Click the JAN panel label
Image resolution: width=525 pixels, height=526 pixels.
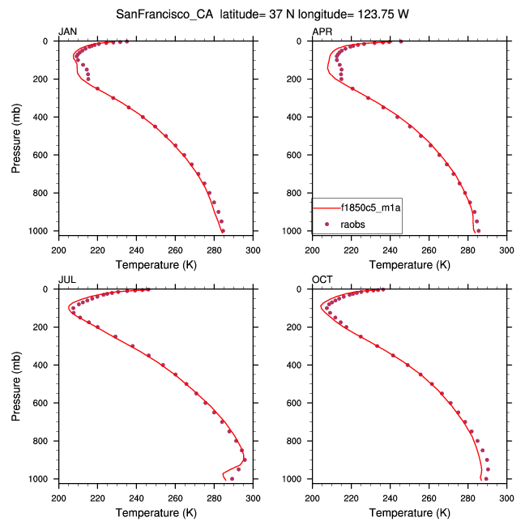tap(67, 32)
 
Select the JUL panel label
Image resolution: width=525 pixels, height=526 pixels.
tap(66, 280)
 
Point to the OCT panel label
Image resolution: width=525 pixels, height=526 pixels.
tap(322, 280)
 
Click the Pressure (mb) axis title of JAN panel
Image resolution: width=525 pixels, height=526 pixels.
tap(17, 135)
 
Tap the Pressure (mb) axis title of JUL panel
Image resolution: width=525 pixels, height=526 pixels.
tap(17, 384)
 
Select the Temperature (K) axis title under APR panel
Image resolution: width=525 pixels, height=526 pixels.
tap(409, 264)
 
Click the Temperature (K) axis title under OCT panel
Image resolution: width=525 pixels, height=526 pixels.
tap(409, 512)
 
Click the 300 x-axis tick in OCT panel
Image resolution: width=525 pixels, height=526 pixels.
tap(506, 497)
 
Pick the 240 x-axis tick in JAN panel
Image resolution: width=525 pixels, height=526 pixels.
tap(136, 249)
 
